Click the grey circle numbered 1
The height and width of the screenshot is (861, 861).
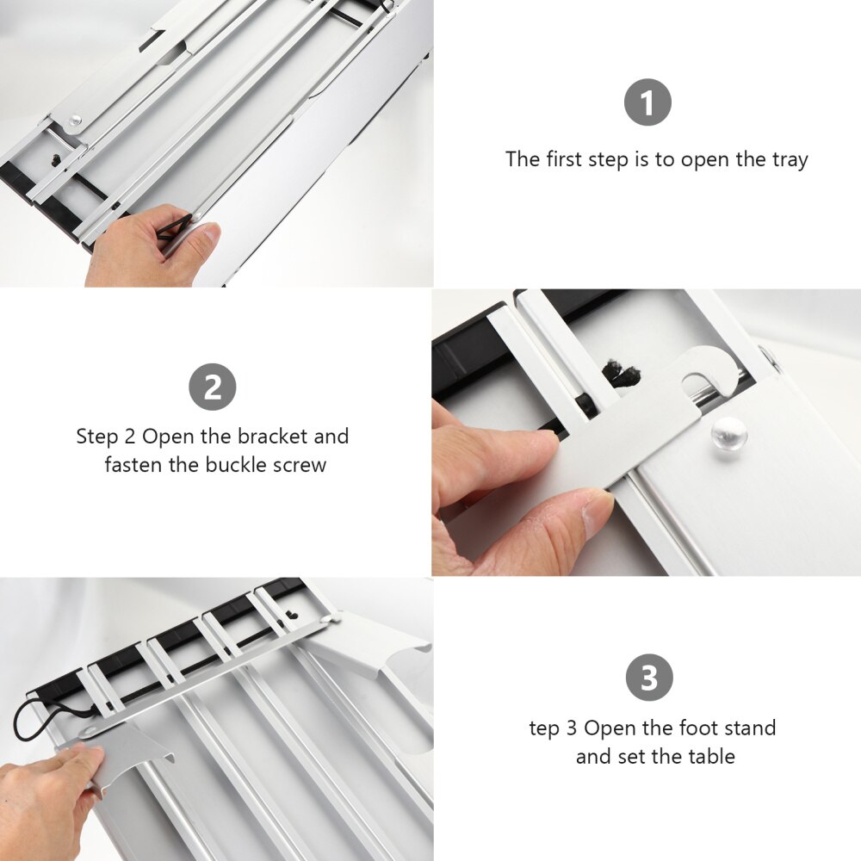coord(647,102)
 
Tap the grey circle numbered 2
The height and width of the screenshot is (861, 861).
coord(213,387)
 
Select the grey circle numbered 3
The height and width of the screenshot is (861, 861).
coord(649,678)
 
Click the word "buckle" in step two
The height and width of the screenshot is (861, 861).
coord(236,465)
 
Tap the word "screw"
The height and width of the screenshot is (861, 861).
coord(300,466)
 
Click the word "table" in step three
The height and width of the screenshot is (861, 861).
coord(712,757)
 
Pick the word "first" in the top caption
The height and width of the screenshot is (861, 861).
coord(565,159)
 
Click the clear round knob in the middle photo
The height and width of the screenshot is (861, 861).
coord(728,433)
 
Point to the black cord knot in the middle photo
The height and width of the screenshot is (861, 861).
coord(623,375)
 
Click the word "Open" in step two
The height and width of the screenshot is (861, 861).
coord(168,437)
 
